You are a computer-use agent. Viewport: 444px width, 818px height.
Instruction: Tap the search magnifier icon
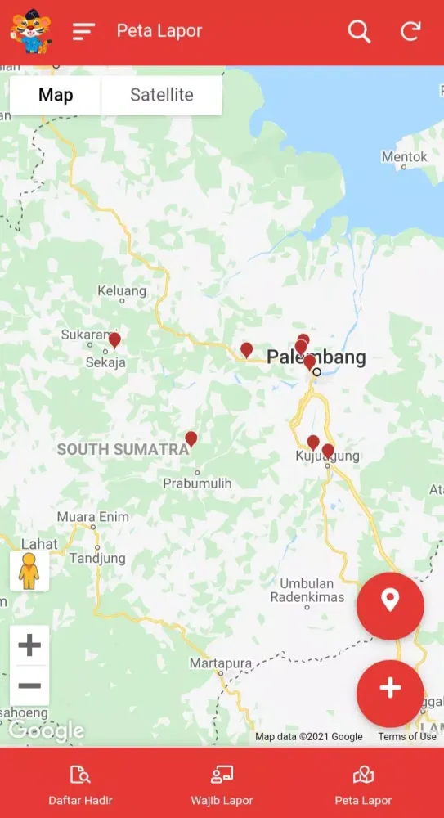[359, 32]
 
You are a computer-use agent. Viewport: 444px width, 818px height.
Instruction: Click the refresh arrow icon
[410, 32]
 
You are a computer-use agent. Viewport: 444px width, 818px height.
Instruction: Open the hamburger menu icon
[83, 32]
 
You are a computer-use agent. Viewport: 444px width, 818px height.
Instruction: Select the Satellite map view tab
[162, 95]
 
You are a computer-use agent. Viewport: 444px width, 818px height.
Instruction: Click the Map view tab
[56, 95]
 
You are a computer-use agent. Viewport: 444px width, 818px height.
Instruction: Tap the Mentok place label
[405, 156]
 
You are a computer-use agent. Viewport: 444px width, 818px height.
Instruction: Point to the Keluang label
[122, 290]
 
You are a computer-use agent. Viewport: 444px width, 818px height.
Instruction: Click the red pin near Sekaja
[114, 339]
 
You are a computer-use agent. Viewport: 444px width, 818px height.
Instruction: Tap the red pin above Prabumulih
[191, 439]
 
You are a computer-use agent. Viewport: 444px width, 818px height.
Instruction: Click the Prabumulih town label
[197, 483]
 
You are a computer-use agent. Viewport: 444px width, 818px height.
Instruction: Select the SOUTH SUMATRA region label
[123, 449]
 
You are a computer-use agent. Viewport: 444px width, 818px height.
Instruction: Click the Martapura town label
[218, 663]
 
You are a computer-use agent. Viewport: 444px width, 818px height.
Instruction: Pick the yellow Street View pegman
[29, 570]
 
